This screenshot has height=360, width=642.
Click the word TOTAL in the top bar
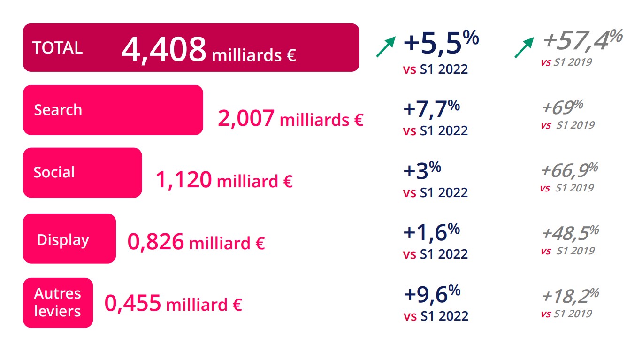[57, 47]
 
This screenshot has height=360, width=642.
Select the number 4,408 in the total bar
[163, 49]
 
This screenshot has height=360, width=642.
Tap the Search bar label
[58, 110]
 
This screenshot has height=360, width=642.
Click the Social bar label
[54, 172]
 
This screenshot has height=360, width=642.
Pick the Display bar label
[63, 240]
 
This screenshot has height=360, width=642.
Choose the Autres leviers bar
[57, 302]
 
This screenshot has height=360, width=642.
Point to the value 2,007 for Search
[246, 118]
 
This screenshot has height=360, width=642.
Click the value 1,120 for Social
[183, 180]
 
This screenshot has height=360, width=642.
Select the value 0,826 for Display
[155, 242]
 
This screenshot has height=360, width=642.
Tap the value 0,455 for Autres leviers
[133, 303]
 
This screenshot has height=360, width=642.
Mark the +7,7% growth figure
[431, 108]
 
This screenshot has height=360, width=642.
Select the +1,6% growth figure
[431, 232]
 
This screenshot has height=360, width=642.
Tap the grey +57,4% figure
[582, 39]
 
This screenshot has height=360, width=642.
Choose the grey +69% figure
[562, 107]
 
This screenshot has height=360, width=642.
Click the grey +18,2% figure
[569, 296]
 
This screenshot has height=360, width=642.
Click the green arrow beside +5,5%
[386, 46]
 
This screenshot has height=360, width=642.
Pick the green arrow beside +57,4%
[524, 47]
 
